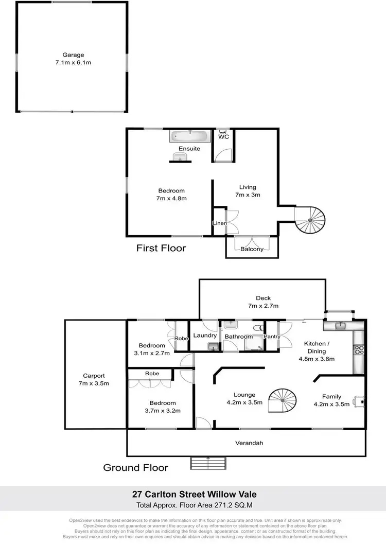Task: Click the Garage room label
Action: pos(73,55)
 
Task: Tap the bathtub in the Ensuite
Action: pos(189,136)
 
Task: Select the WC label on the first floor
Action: pos(223,137)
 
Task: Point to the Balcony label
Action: pos(252,249)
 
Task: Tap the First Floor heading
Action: pos(161,248)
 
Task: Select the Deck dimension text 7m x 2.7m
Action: pos(263,306)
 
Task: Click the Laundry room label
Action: pos(204,336)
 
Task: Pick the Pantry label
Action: pos(271,337)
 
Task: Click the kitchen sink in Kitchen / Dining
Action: pos(339,326)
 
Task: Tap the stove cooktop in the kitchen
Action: pos(359,350)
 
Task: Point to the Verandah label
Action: pos(250,443)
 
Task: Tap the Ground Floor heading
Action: pos(135,468)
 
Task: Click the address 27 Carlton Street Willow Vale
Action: pos(192,494)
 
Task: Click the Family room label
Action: pos(332,397)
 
